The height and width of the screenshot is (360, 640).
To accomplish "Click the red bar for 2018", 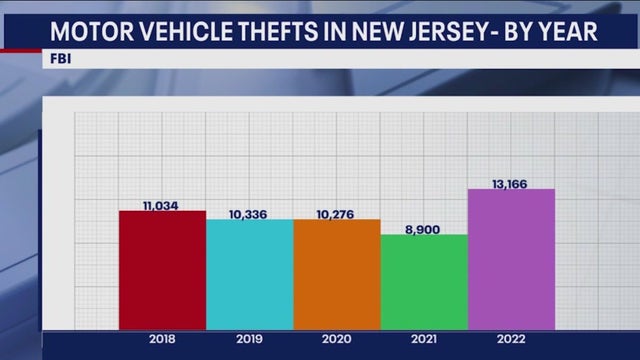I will pos(162,270).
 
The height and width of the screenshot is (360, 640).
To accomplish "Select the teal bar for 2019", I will pos(250,274).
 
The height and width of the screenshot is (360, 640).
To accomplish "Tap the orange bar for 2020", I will pos(337,274).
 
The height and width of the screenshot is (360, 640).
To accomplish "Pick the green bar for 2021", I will pos(424,282).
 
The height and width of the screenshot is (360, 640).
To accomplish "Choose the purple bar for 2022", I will pos(511,259).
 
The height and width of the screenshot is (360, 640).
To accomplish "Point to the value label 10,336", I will pos(249,214).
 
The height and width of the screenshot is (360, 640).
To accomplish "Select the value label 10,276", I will pos(337,214).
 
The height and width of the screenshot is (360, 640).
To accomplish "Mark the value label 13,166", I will pos(510,183).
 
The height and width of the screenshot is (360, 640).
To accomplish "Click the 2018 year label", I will pos(162,339).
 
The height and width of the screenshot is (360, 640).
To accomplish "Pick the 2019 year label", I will pos(249,339).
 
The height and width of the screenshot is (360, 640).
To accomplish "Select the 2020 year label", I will pos(337,339).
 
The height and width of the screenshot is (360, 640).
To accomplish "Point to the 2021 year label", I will pos(424,339).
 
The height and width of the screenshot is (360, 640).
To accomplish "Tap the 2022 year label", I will pos(511,339).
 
